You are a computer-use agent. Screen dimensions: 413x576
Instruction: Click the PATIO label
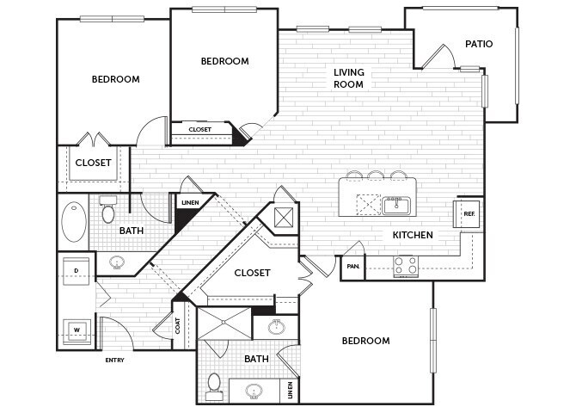pos(479,44)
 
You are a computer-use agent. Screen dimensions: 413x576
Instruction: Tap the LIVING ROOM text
pos(349,78)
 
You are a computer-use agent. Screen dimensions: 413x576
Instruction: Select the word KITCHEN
pos(413,235)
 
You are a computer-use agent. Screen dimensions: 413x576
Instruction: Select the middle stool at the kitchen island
pos(376,176)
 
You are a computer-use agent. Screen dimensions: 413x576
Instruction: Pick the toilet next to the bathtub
pos(109,211)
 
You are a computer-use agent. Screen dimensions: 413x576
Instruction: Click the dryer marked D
pos(77,271)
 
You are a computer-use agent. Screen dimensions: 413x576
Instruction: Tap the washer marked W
pos(77,329)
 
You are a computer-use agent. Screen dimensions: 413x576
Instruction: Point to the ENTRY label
pos(114,361)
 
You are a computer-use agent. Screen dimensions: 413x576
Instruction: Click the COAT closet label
pos(179,326)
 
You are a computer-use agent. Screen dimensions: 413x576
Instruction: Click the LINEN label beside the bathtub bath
pos(189,204)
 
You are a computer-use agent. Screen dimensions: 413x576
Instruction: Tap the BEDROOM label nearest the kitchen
pos(365,341)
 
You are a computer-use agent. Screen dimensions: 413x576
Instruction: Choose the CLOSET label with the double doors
pos(93,162)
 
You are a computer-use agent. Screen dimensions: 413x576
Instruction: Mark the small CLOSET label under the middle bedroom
pos(199,130)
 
